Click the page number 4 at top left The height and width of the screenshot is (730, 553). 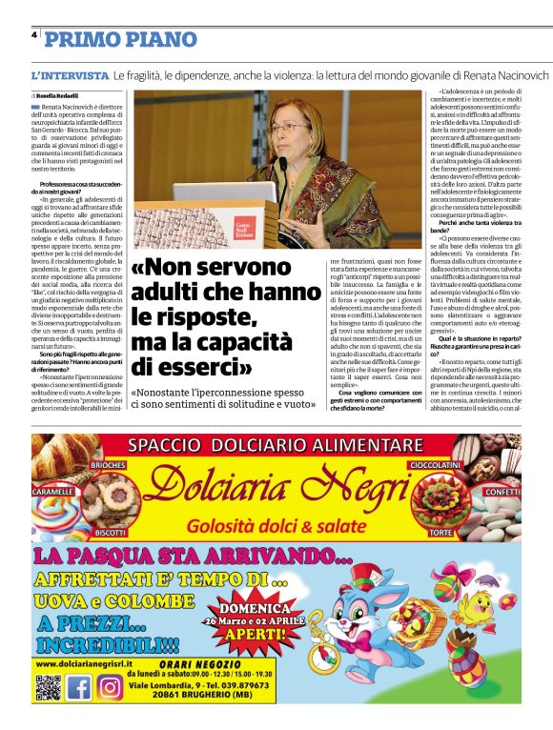pos(34,34)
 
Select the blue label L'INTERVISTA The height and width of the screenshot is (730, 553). pos(70,74)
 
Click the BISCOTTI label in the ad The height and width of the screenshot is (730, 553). pos(111,532)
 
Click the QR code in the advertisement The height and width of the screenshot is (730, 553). pos(47,686)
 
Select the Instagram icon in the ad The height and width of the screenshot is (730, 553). pos(110,686)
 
